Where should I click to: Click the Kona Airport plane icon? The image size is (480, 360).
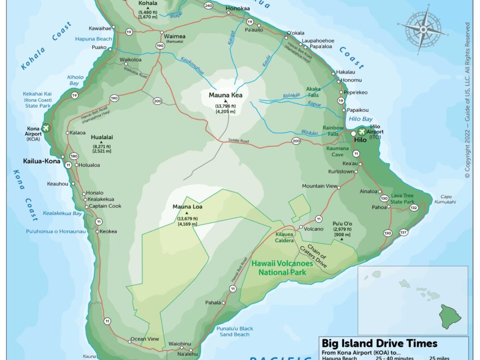[45, 128]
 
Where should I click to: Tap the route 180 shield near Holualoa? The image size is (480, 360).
[74, 156]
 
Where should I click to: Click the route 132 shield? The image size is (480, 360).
[413, 208]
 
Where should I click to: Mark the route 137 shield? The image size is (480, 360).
[404, 232]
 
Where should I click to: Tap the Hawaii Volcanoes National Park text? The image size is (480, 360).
[282, 267]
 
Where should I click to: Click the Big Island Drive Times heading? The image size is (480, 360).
[379, 343]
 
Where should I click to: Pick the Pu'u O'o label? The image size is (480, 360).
[343, 223]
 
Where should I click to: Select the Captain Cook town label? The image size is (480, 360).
[105, 206]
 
